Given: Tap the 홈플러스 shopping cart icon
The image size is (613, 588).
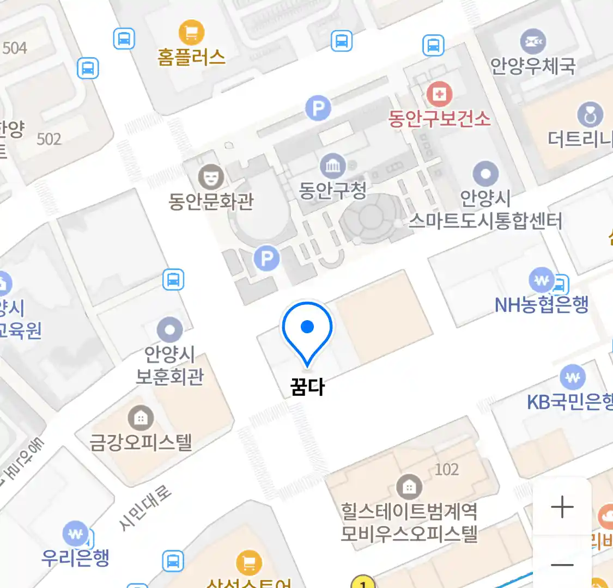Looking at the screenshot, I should click(191, 32).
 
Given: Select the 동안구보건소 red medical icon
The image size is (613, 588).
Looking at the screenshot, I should click(439, 95).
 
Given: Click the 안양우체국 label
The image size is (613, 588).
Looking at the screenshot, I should click(532, 66).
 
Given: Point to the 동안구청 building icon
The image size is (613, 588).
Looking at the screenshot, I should click(332, 166).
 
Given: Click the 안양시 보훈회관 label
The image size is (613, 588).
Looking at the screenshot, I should click(169, 365).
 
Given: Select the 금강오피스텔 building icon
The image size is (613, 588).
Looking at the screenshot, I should click(141, 418).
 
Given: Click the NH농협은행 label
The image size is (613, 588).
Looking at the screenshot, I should click(542, 304).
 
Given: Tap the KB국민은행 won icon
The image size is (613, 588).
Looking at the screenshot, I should click(572, 377).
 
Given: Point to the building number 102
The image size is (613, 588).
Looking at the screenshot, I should click(446, 469).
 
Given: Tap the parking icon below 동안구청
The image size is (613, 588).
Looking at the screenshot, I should click(267, 258).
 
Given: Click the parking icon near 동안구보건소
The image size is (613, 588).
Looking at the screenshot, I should click(318, 108).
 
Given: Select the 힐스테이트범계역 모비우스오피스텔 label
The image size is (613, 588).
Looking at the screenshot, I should click(409, 522).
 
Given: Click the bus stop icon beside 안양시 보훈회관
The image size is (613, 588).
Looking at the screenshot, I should click(173, 280).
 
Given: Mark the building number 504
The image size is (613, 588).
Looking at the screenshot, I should click(15, 48).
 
